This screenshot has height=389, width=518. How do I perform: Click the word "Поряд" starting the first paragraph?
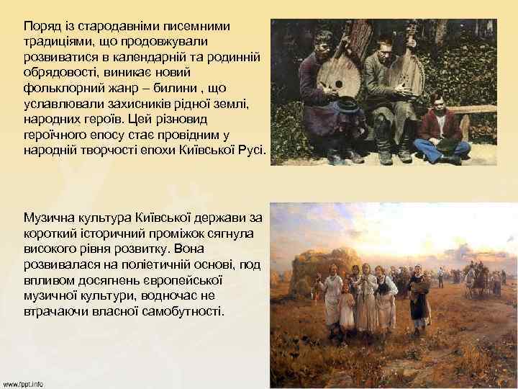click(x=42, y=26)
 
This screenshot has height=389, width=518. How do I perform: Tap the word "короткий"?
click(x=51, y=233)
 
